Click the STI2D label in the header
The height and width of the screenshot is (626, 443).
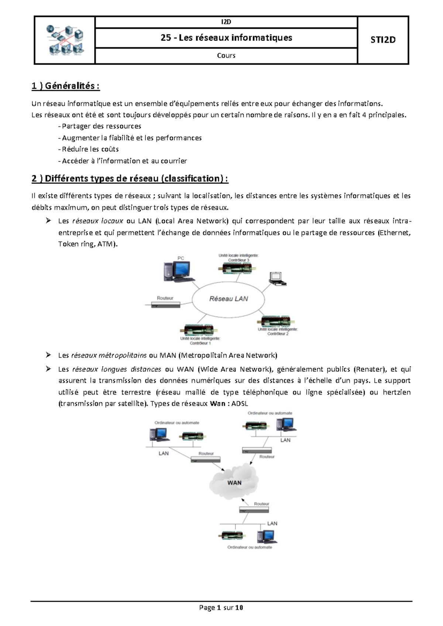click(383, 40)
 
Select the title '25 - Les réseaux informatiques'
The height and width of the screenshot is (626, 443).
click(226, 38)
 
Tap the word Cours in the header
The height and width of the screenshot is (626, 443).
click(226, 55)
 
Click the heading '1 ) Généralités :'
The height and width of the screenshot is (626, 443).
click(66, 86)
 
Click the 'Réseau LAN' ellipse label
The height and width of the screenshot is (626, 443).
click(229, 299)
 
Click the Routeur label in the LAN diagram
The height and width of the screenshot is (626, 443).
click(165, 298)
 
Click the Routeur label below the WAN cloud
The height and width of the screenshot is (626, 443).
click(261, 504)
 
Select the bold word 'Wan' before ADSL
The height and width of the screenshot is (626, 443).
click(217, 403)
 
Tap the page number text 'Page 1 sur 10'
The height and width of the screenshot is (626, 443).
click(221, 608)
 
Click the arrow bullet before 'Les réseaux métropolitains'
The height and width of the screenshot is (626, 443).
click(48, 355)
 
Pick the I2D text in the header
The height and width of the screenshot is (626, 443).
click(226, 22)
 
